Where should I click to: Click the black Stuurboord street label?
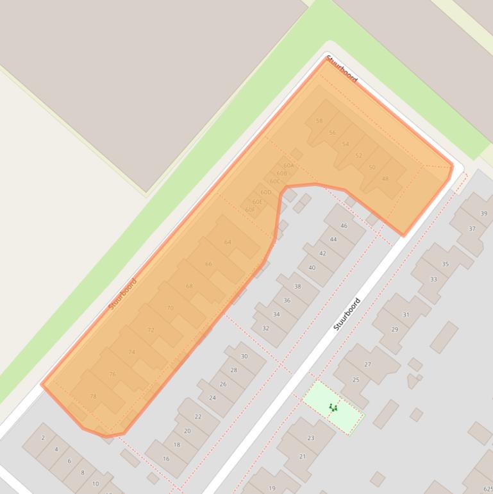click(347, 314)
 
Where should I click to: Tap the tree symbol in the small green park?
click(333, 407)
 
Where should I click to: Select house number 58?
click(319, 121)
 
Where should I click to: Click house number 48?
click(385, 178)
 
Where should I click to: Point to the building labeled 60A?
click(288, 166)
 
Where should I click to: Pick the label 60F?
click(250, 210)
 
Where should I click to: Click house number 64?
click(228, 242)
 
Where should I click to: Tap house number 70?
click(170, 308)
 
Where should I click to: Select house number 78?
click(93, 396)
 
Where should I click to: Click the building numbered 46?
click(344, 226)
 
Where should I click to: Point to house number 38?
click(297, 286)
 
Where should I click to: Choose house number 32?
click(265, 328)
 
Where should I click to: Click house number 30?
click(244, 356)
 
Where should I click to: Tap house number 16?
click(166, 459)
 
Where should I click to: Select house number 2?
click(44, 438)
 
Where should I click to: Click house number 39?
click(483, 214)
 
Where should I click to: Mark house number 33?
click(433, 279)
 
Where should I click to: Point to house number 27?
click(367, 364)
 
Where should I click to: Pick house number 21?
click(302, 457)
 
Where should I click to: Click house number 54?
click(346, 144)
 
